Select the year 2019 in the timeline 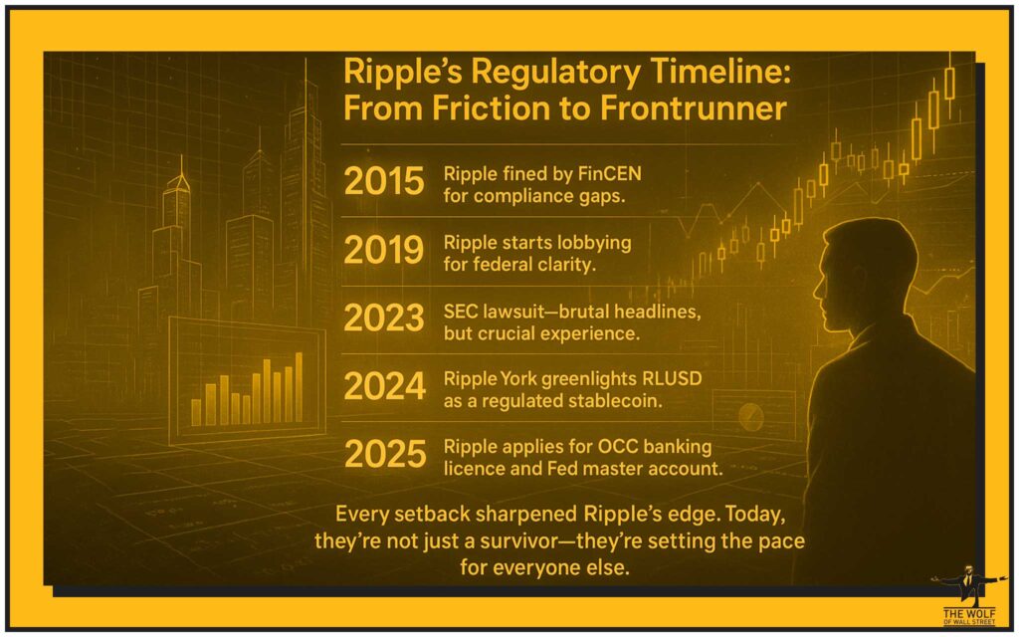[x=383, y=249]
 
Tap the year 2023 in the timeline [x=383, y=318]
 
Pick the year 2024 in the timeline [x=383, y=385]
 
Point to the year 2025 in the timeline [x=383, y=454]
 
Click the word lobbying [x=591, y=243]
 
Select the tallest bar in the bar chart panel [x=300, y=388]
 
